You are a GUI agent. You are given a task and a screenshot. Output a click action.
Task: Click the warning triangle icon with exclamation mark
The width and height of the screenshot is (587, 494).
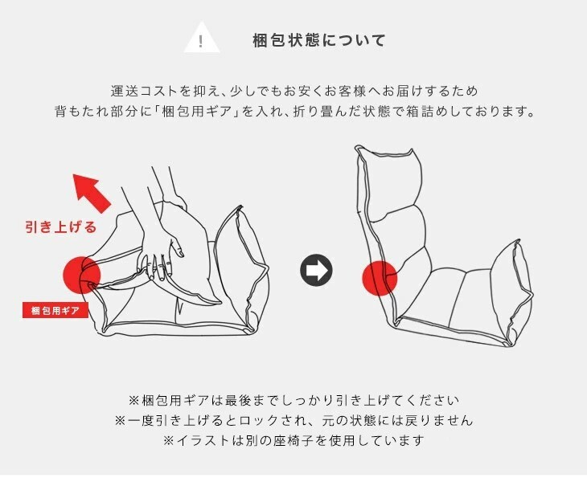click(x=202, y=39)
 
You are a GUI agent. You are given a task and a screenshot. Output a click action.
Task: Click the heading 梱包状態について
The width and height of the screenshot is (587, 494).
click(x=319, y=39)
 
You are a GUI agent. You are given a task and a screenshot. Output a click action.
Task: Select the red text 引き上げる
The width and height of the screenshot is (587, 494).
click(x=61, y=227)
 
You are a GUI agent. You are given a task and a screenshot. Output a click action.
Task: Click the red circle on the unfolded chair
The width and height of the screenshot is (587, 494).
click(x=380, y=278)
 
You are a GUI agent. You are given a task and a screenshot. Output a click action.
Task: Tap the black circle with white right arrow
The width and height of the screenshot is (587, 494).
click(x=316, y=271)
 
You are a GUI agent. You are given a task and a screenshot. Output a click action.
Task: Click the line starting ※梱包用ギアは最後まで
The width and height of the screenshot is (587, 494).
click(x=293, y=399)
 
